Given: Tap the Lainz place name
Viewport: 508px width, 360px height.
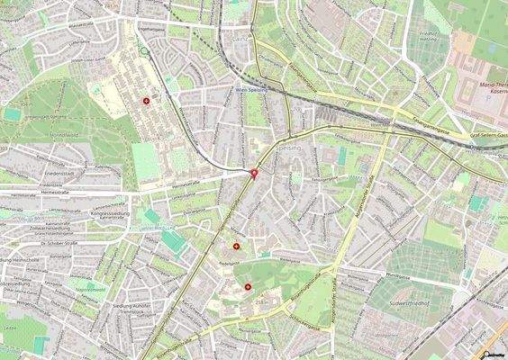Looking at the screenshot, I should [239, 39].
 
